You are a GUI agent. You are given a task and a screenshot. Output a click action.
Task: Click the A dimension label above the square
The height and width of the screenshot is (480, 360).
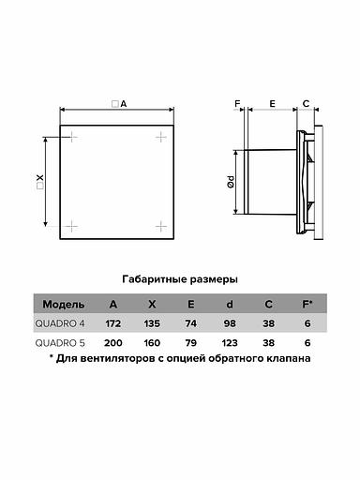click(x=119, y=104)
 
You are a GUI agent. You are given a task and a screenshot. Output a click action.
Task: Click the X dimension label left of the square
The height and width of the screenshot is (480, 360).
click(x=40, y=182)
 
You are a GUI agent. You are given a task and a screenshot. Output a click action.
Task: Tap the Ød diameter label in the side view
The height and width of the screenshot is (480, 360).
click(x=231, y=182)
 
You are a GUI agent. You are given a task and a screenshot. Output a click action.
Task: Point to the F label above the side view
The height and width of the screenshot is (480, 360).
click(x=237, y=103)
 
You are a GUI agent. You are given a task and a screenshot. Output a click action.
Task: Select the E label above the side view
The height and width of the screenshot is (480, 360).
click(x=272, y=103)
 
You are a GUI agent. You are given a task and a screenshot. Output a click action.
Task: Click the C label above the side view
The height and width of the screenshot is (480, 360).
click(x=307, y=103)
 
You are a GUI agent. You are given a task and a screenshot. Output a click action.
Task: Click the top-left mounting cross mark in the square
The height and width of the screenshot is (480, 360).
click(x=72, y=137)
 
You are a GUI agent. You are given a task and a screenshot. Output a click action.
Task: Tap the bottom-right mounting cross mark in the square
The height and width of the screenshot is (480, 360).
click(x=161, y=226)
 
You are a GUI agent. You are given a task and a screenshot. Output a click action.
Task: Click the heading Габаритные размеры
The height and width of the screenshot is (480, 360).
click(x=180, y=279)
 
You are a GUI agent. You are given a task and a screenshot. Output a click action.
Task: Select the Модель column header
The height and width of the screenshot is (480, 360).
click(x=64, y=304)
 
